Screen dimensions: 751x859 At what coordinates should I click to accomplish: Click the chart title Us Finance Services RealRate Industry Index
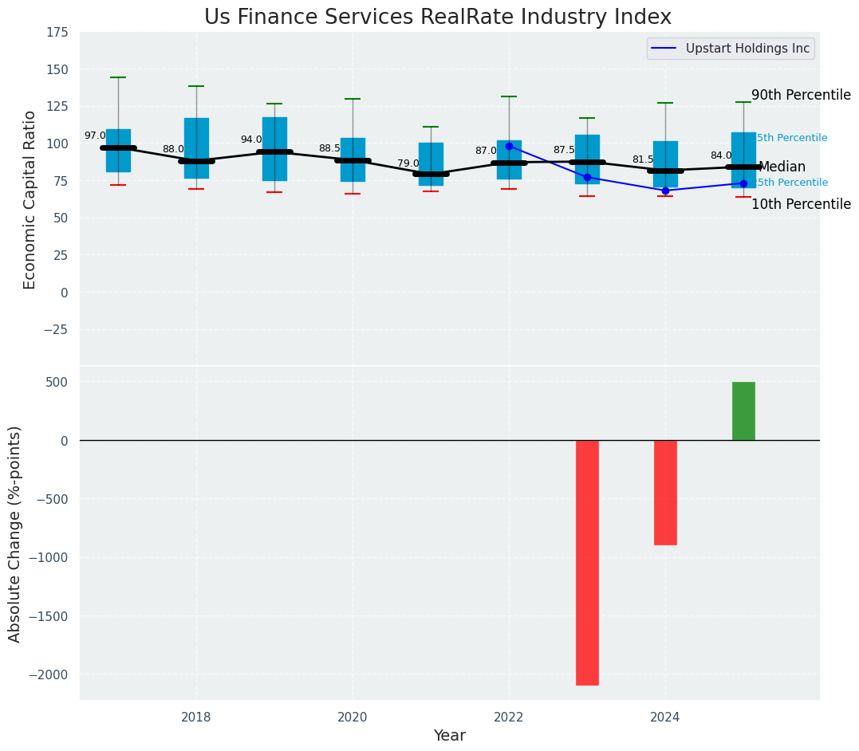[x=437, y=18]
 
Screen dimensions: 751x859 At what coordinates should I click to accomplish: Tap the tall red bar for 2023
[x=587, y=562]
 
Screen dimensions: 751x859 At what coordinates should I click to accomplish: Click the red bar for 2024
[x=665, y=492]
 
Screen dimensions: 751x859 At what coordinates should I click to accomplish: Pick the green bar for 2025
[x=743, y=411]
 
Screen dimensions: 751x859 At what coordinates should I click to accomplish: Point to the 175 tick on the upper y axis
[x=57, y=33]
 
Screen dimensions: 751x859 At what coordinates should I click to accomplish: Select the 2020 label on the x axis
[x=353, y=718]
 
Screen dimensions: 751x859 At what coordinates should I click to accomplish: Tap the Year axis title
[x=449, y=736]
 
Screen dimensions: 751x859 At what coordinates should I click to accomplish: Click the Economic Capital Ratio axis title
[x=30, y=199]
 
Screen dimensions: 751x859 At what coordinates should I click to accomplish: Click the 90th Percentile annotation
[x=801, y=95]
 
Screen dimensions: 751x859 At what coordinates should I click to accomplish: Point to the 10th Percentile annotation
[x=801, y=204]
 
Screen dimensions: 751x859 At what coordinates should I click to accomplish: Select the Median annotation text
[x=782, y=167]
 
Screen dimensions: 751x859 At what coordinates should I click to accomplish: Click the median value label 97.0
[x=95, y=136]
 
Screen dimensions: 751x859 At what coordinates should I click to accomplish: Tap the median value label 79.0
[x=408, y=164]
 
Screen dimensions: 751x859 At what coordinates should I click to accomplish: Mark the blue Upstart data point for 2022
[x=509, y=146]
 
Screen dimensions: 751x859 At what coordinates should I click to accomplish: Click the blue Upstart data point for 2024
[x=665, y=191]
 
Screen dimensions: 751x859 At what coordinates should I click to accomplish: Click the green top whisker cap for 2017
[x=118, y=77]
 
